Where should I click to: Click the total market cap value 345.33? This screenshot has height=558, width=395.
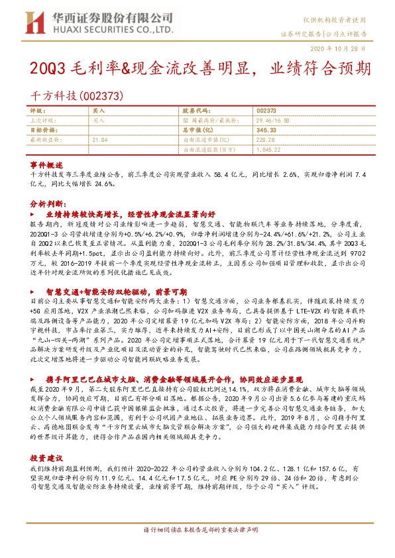pos(264,131)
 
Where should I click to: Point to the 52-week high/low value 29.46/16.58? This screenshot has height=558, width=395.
pos(272,121)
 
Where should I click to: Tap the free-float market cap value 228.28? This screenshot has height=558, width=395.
pos(264,140)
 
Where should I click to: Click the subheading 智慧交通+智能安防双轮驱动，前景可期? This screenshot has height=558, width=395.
pos(107,292)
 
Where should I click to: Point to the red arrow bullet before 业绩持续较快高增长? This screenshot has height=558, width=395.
pos(34,216)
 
